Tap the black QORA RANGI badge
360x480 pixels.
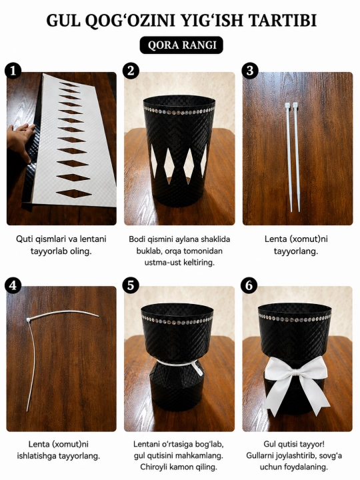[x=181, y=45]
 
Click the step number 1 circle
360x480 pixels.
[x=13, y=71]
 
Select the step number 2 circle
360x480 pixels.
[x=131, y=71]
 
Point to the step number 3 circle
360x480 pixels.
[x=250, y=71]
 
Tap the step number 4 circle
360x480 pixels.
[x=13, y=285]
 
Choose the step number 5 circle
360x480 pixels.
[x=131, y=285]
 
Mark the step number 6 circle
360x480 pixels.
[x=250, y=285]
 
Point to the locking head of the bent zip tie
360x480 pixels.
[x=29, y=320]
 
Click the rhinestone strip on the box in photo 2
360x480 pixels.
[x=179, y=111]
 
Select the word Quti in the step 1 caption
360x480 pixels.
[x=22, y=239]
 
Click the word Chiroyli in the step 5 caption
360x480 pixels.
[x=153, y=467]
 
